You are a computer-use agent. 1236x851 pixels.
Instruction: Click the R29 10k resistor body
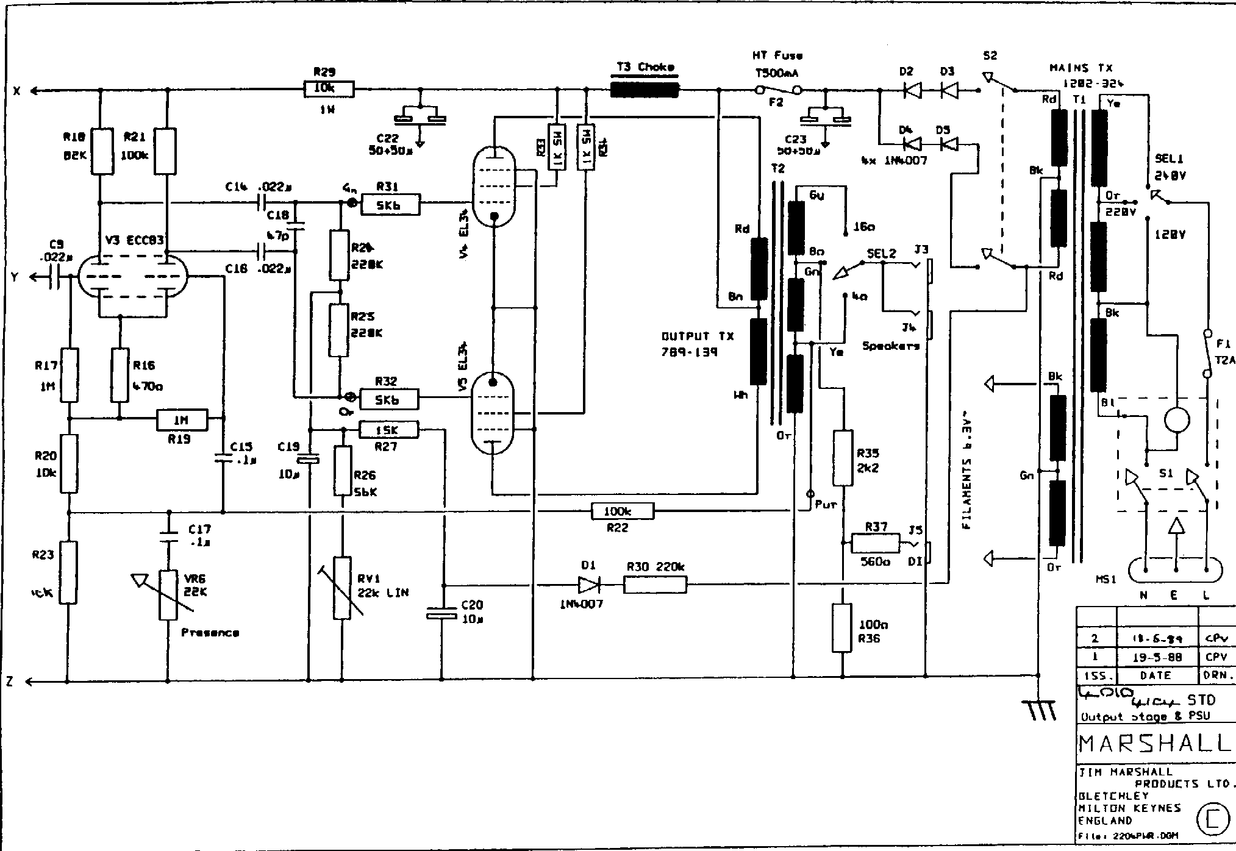[x=328, y=90]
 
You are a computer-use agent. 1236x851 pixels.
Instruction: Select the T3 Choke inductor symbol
[x=645, y=90]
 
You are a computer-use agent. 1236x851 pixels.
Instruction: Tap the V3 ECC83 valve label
[x=134, y=240]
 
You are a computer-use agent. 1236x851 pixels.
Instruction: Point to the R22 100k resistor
[x=622, y=511]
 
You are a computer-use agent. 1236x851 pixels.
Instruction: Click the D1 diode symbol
[x=589, y=585]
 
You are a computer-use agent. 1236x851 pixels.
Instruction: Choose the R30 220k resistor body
[x=655, y=585]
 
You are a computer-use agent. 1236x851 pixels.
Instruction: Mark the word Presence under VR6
[x=210, y=633]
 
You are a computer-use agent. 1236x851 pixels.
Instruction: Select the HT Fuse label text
[x=777, y=55]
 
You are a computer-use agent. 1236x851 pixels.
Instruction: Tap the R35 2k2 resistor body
[x=843, y=457]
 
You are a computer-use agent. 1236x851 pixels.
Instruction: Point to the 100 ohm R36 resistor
[x=842, y=628]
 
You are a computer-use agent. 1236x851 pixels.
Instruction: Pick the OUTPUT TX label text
[x=698, y=336]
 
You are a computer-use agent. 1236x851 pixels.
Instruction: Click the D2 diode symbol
[x=912, y=91]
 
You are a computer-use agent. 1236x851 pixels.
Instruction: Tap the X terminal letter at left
[x=17, y=91]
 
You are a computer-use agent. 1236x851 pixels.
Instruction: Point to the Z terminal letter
[x=10, y=682]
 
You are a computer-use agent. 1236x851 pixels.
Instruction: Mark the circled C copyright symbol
[x=1212, y=821]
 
